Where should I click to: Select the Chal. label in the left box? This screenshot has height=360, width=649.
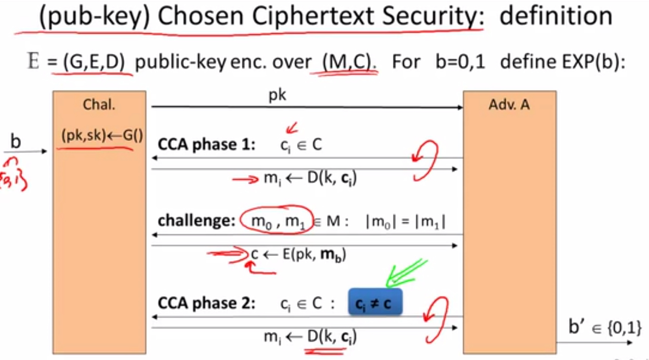coord(99,104)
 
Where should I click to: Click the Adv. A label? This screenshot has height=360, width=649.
coord(509,104)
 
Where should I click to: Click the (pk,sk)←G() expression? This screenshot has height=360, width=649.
coord(102,135)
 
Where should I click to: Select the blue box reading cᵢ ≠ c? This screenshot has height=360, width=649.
coord(375,302)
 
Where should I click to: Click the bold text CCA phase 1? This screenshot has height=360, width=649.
coord(206,144)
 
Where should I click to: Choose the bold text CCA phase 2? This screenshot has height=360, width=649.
coord(206,303)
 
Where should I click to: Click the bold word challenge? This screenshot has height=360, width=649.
coord(197,221)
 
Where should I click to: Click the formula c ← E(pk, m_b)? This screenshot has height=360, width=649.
coord(298,255)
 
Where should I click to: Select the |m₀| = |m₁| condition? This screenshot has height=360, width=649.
coord(406,222)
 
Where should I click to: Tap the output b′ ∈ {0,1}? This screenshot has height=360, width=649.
coord(604,327)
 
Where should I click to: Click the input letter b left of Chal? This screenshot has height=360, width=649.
coord(15,141)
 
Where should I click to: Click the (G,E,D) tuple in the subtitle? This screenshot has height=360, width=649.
coord(94,62)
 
